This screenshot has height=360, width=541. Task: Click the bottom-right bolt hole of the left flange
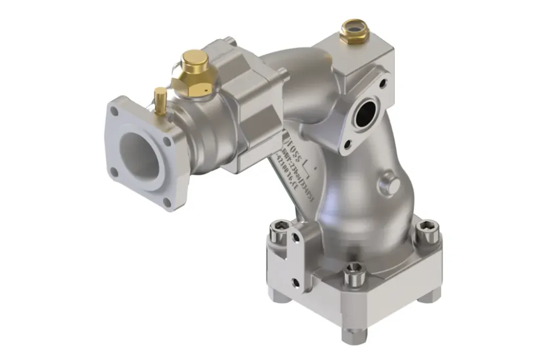(167, 202)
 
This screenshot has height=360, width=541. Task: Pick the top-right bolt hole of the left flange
(167, 141)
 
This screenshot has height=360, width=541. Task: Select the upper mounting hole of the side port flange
(383, 83)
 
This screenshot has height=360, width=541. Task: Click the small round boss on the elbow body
(391, 184)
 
